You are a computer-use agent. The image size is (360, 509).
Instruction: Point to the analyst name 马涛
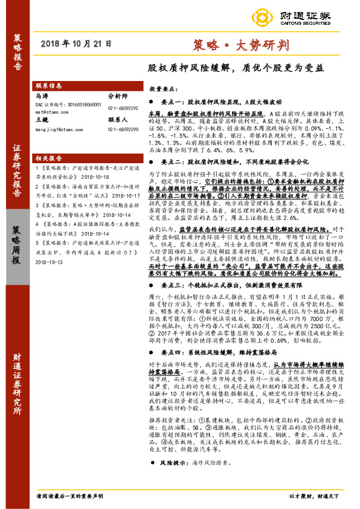pyautogui.click(x=42, y=96)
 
